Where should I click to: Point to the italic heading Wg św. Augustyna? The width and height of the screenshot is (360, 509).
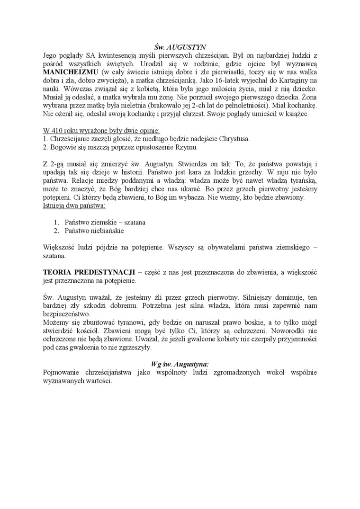pos(180,364)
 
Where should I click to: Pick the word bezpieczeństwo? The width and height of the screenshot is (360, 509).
pos(66,314)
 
